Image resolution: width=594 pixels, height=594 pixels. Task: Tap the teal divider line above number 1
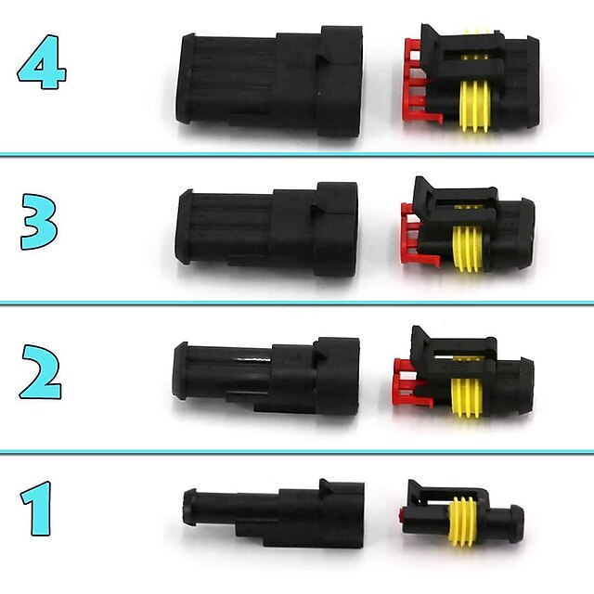click(x=297, y=452)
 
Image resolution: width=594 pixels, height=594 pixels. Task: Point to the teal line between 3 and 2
click(x=297, y=303)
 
